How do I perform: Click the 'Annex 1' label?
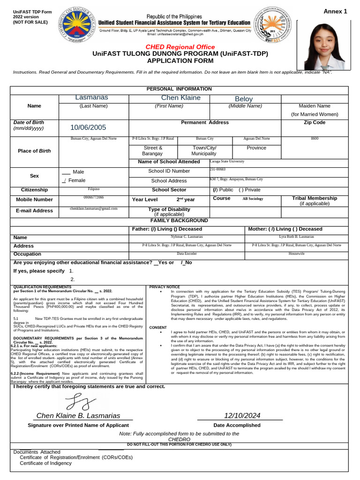click(x=335, y=11)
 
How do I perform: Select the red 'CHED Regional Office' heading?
click(x=180, y=47)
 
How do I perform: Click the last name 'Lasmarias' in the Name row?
click(x=91, y=97)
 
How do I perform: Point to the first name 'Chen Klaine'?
click(x=180, y=97)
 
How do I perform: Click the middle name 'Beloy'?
click(x=244, y=99)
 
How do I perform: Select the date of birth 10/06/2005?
click(x=88, y=127)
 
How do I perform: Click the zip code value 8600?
click(x=315, y=139)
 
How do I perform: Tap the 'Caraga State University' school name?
click(x=227, y=161)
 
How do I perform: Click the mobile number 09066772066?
click(x=94, y=197)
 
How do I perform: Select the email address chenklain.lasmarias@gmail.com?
click(x=94, y=208)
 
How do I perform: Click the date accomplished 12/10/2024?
click(x=242, y=415)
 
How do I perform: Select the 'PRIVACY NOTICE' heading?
click(x=164, y=286)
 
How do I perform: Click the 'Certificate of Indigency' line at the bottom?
click(x=46, y=463)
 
